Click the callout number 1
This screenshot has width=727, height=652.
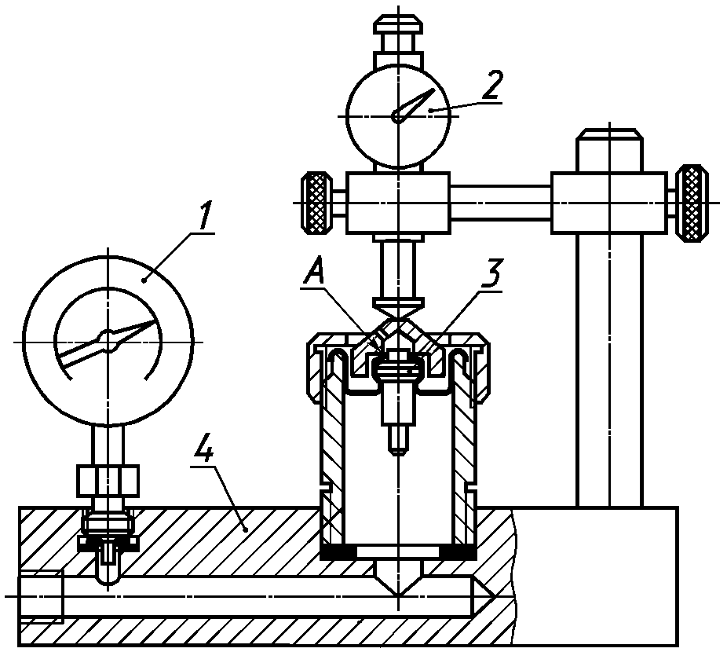click(204, 214)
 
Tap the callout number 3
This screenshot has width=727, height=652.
click(490, 274)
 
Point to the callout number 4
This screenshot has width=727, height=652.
click(204, 449)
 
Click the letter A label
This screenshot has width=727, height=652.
click(314, 273)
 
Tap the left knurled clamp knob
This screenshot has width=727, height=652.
click(317, 203)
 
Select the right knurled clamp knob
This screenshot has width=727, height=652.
click(692, 203)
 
